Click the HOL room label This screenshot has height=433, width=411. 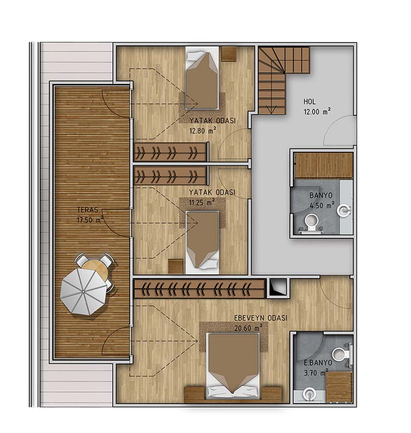click(x=310, y=101)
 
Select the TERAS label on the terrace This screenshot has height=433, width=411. click(x=88, y=210)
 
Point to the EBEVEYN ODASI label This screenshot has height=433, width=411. click(x=260, y=318)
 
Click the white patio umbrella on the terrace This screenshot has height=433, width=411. click(x=83, y=291)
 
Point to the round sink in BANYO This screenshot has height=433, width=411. click(x=344, y=211)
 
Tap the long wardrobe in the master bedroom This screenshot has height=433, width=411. click(x=199, y=288)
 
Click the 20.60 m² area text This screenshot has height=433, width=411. click(x=248, y=328)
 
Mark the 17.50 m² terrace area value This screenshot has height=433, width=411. click(x=90, y=220)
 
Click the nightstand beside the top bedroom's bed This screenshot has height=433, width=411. click(x=229, y=54)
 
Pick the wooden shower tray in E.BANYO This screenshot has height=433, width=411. click(x=339, y=387)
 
